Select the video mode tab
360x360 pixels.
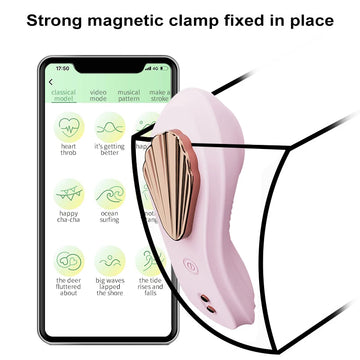point(97,95)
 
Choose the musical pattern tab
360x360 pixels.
point(128,95)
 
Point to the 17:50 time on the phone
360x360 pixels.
point(62,68)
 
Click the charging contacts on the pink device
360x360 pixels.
point(204,302)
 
